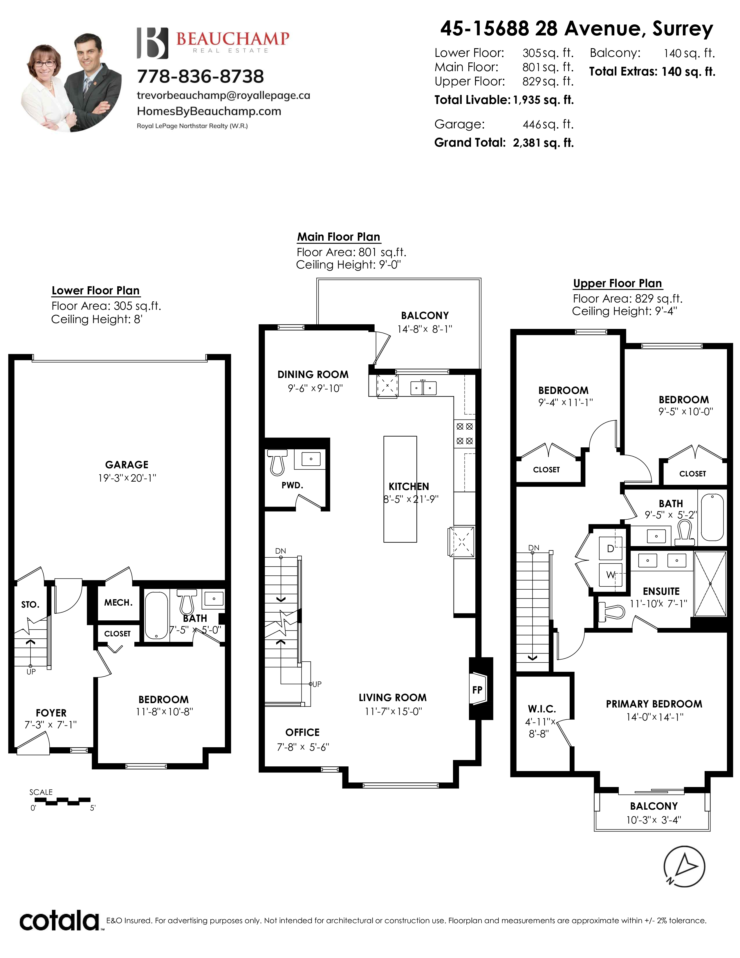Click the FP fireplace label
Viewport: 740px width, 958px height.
click(477, 690)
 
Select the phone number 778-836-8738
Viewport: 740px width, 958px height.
click(200, 76)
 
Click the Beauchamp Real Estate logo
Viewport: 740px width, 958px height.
click(213, 43)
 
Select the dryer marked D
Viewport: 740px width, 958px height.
click(610, 548)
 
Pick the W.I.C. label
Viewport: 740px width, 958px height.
click(542, 709)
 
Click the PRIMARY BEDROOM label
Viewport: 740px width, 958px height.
click(654, 704)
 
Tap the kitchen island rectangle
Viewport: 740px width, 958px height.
click(400, 489)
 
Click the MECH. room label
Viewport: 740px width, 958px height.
click(118, 603)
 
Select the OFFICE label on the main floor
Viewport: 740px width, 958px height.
click(302, 732)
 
